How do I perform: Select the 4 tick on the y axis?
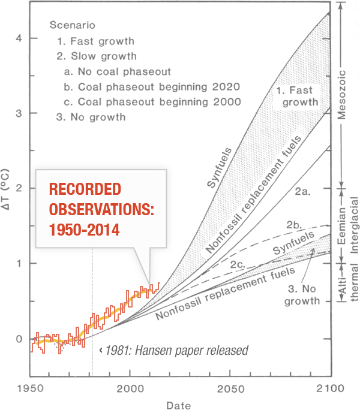(x=18, y=38)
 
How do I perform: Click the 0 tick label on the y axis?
(x=18, y=339)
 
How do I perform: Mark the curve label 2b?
(x=293, y=225)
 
